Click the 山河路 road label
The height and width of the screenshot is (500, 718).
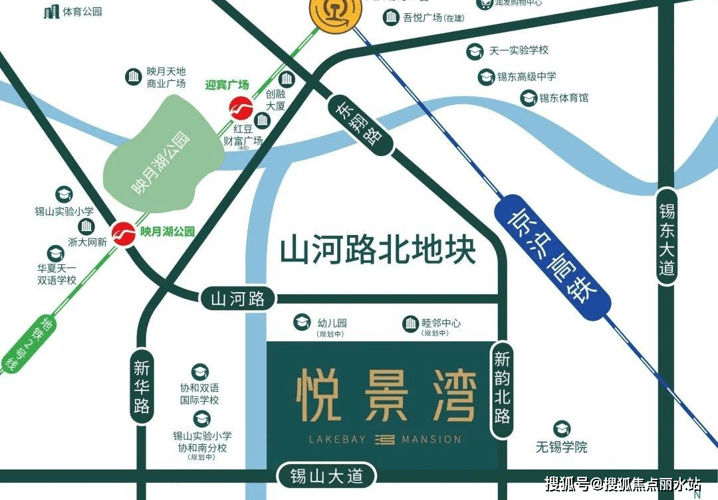pos(237,299)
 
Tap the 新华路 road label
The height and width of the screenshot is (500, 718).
pos(142,386)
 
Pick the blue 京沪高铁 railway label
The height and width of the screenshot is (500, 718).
pos(552,256)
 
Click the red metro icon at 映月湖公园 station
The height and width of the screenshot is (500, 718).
pos(124,233)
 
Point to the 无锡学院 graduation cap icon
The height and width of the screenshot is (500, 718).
pos(562,428)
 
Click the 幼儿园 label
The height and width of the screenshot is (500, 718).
pos(332,323)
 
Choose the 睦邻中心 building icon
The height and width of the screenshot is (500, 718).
pos(410,323)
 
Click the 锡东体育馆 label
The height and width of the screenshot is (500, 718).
pos(563,98)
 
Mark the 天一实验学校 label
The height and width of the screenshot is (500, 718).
pos(519,50)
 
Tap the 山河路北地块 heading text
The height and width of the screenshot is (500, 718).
pos(378,250)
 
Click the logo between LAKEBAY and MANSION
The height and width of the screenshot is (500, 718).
pos(385,439)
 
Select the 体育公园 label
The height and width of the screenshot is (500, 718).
pos(82,11)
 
